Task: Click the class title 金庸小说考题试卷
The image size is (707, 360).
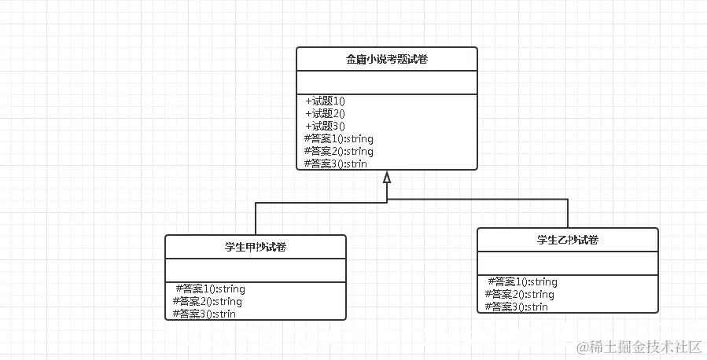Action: click(387, 59)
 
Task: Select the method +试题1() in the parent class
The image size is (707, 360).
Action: click(326, 101)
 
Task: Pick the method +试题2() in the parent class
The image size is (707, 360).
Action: click(326, 113)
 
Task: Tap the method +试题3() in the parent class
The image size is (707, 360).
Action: click(326, 126)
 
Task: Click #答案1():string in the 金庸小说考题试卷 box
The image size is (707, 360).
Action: click(338, 138)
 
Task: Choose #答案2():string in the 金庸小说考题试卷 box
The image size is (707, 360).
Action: click(338, 151)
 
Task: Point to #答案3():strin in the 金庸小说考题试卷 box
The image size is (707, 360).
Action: click(336, 163)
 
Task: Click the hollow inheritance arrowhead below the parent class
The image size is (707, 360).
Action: click(387, 178)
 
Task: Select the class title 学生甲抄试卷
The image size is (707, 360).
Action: click(256, 247)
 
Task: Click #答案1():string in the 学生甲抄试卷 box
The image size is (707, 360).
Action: click(210, 288)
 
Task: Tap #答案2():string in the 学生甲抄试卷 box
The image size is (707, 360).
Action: click(208, 301)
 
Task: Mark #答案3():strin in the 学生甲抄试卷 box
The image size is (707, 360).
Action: click(204, 314)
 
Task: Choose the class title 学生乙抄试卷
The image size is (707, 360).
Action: click(568, 240)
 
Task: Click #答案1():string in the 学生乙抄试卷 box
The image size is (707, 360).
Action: click(522, 281)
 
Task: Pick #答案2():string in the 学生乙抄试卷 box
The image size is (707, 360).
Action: click(520, 294)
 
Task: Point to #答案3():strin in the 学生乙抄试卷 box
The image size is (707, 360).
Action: click(517, 307)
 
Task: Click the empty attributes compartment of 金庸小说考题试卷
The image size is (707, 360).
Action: click(387, 82)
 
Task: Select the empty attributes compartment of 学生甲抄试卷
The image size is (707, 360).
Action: click(256, 270)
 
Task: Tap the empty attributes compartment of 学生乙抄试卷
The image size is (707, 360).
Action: click(568, 263)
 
